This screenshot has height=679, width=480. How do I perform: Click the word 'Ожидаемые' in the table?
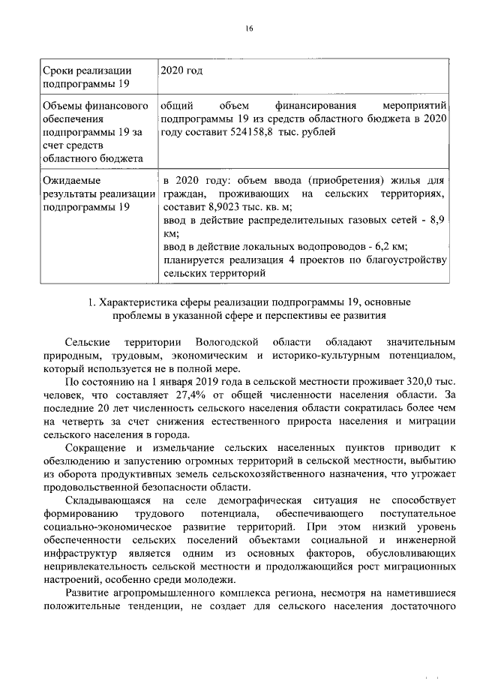[x=71, y=181]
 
